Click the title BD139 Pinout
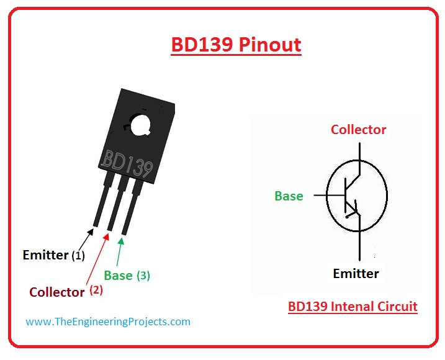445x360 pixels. [x=236, y=45]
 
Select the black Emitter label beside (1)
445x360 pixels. [x=45, y=254]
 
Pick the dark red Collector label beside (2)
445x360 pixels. [x=57, y=291]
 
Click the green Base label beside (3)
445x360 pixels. [x=118, y=274]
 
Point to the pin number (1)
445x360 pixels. [x=78, y=255]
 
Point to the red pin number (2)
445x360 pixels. [x=96, y=289]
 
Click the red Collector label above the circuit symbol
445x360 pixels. [x=358, y=130]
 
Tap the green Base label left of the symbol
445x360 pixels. [x=289, y=196]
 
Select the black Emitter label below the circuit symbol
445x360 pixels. [x=356, y=273]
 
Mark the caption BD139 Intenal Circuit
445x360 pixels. [x=353, y=306]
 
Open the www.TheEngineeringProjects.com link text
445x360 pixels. [x=108, y=322]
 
